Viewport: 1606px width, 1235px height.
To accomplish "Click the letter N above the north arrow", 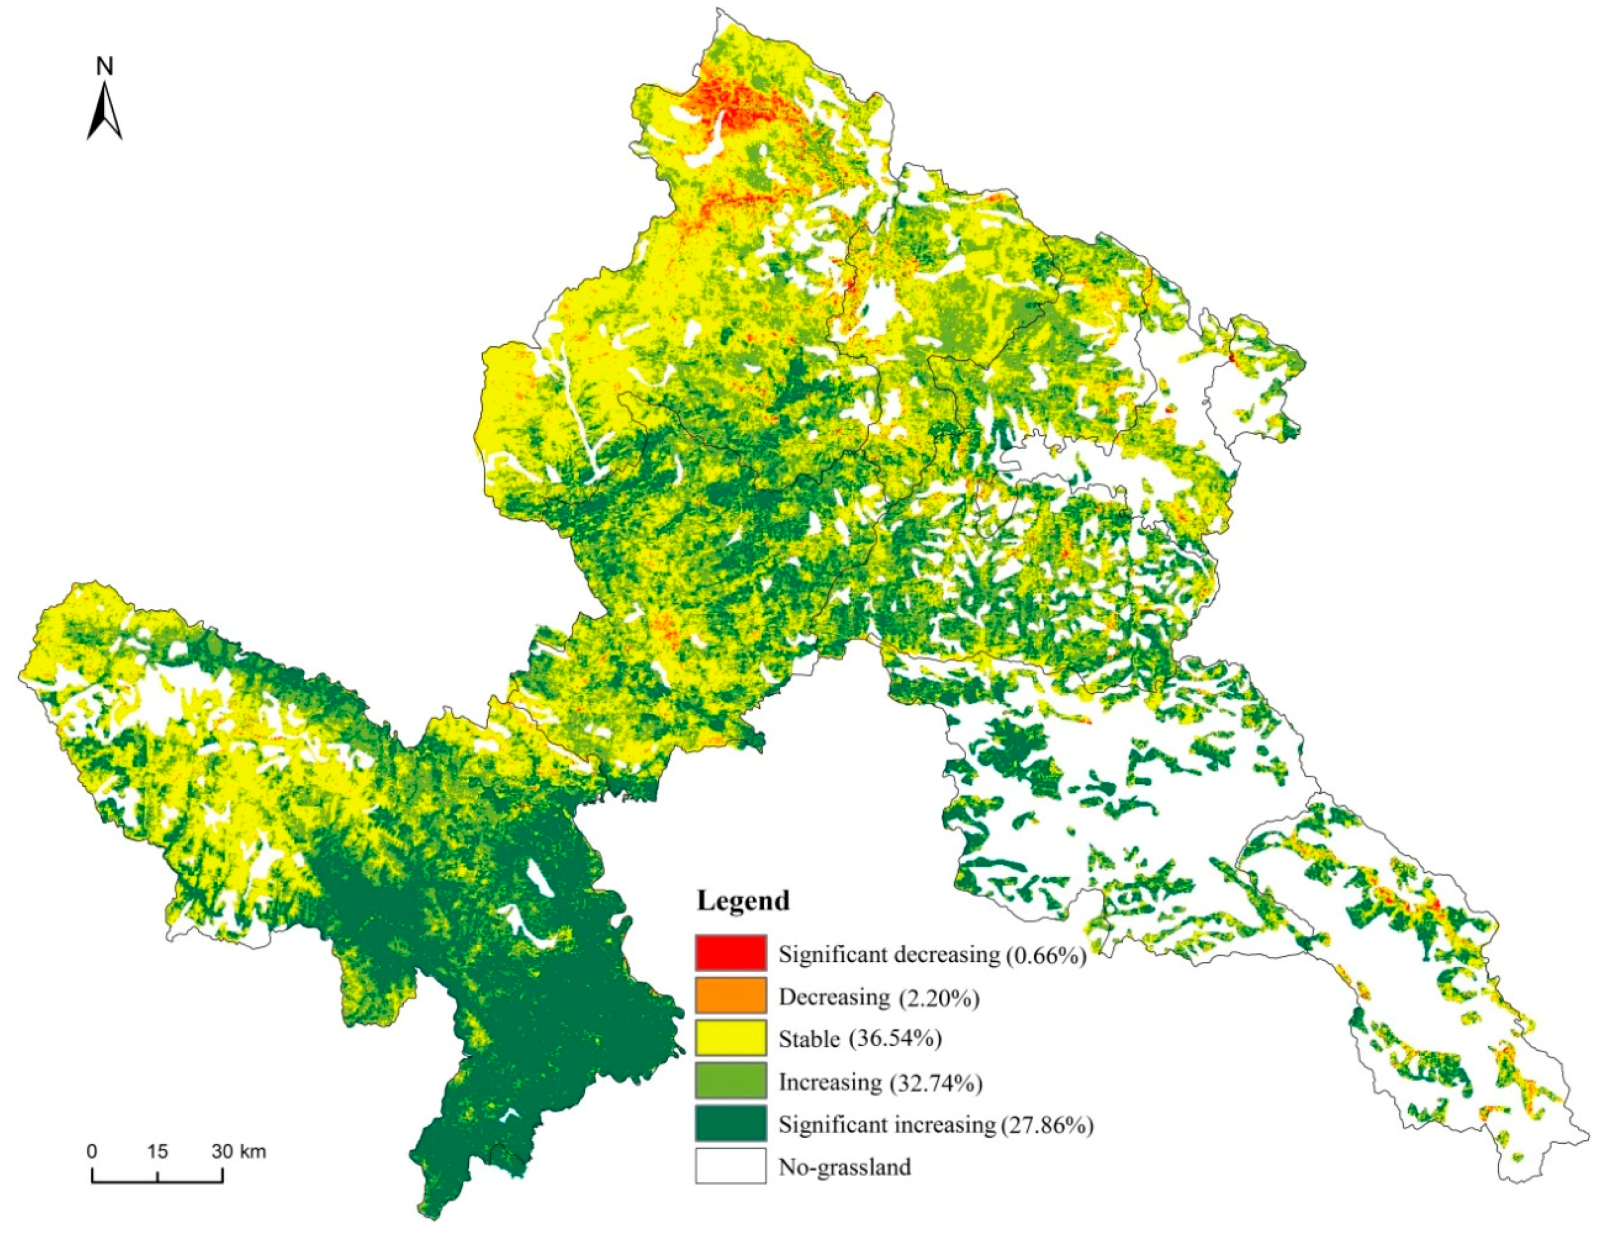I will pos(105,67).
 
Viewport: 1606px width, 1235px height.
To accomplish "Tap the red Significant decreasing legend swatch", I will pos(730,953).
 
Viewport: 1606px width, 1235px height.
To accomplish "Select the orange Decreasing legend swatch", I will pos(730,995).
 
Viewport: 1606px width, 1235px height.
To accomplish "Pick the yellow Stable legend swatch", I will pos(730,1038).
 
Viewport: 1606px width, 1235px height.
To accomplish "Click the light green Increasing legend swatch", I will pos(730,1081).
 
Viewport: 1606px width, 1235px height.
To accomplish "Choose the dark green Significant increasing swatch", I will pos(730,1123).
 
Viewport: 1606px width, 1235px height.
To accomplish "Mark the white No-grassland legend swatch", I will pos(730,1166).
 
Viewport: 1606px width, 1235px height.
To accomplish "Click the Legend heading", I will pos(743,901).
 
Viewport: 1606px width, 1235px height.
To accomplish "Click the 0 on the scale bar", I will pos(92,1151).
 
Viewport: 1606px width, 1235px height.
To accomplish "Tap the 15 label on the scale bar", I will pos(158,1151).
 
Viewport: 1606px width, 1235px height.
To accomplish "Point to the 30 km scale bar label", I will pos(240,1151).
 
